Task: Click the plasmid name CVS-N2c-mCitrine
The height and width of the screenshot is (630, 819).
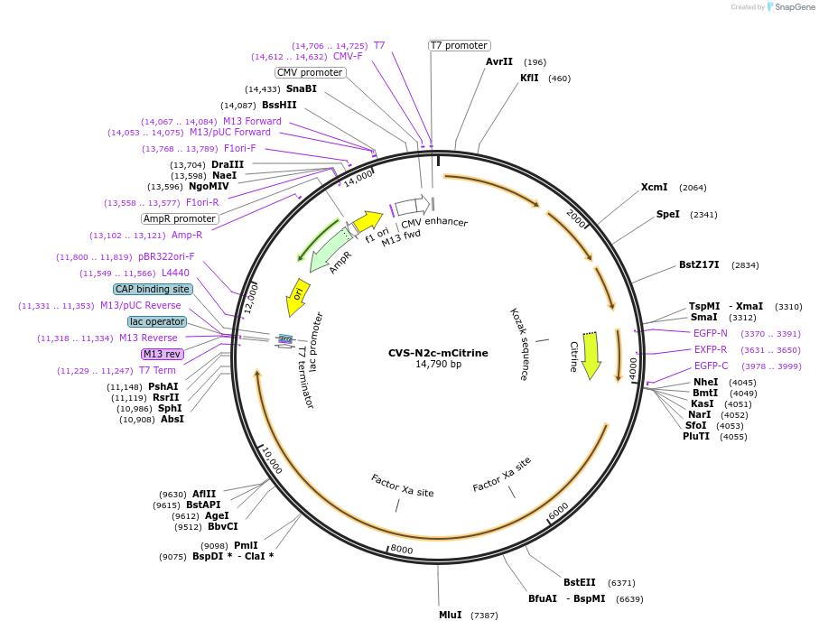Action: [x=438, y=353]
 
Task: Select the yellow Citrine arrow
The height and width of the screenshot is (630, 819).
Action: [x=591, y=357]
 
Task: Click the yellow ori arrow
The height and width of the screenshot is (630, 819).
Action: [x=297, y=297]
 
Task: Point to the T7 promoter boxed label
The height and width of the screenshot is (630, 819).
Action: [x=459, y=45]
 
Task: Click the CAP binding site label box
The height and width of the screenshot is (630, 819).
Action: [x=153, y=289]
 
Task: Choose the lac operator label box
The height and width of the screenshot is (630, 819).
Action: [x=157, y=321]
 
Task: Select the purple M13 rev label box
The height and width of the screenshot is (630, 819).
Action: [x=162, y=354]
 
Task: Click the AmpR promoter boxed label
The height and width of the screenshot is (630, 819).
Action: [x=180, y=218]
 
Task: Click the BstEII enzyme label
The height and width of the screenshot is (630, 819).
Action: [x=580, y=582]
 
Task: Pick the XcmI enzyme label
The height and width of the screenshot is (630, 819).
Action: [x=654, y=187]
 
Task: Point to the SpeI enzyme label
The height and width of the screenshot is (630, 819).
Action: [x=667, y=215]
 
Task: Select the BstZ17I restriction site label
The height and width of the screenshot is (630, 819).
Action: [x=699, y=265]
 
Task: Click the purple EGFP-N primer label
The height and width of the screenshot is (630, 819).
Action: [x=710, y=333]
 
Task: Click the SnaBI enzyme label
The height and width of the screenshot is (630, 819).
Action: [x=301, y=88]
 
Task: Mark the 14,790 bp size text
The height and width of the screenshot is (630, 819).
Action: [x=438, y=365]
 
